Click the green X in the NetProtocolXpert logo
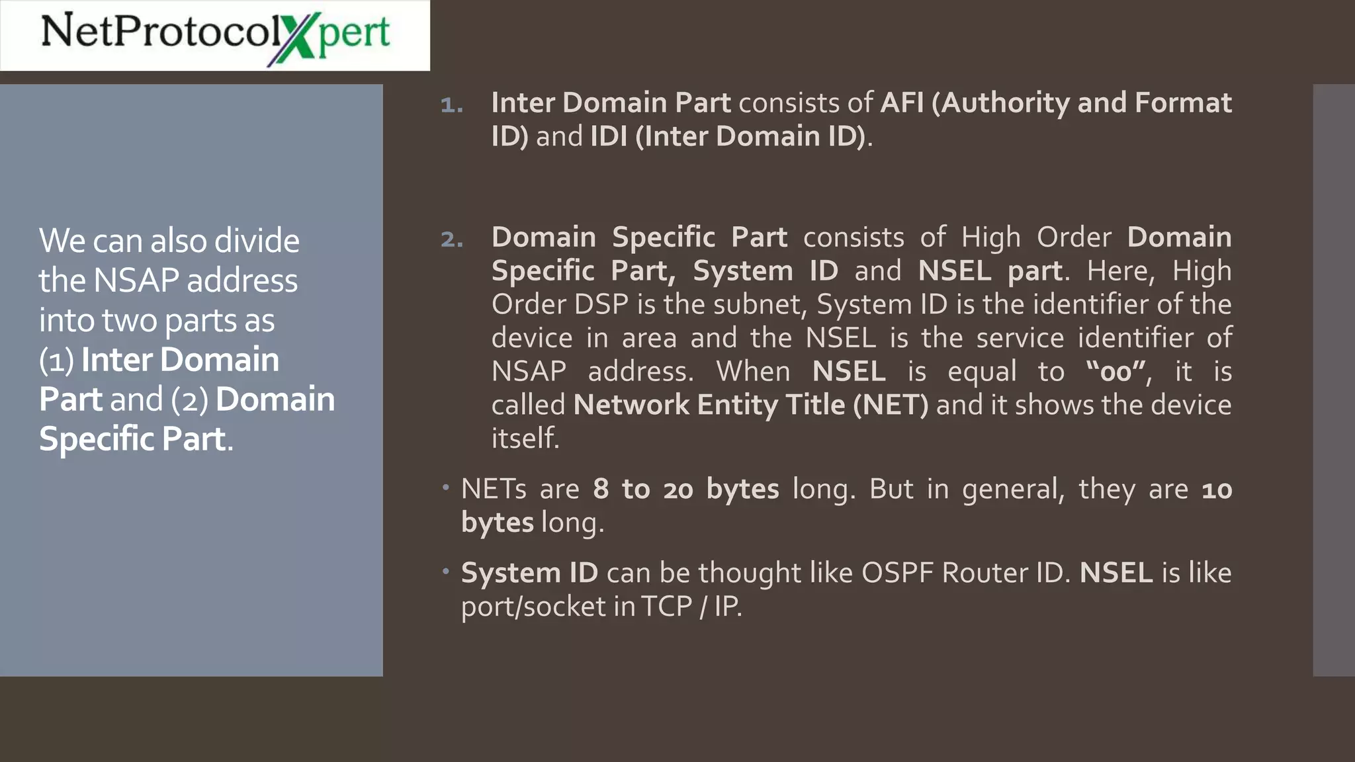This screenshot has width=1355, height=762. coord(292,38)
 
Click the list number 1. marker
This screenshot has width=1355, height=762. coord(451,105)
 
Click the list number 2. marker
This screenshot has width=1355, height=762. coord(451,239)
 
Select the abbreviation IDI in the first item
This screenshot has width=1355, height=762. coord(608,137)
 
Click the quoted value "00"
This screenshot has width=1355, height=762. coord(1115,371)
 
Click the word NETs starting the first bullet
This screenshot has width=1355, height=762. coord(494,489)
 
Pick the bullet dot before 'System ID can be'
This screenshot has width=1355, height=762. coord(447,570)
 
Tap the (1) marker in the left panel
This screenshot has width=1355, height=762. coord(56,360)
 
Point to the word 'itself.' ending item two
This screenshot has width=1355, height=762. coord(525,439)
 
